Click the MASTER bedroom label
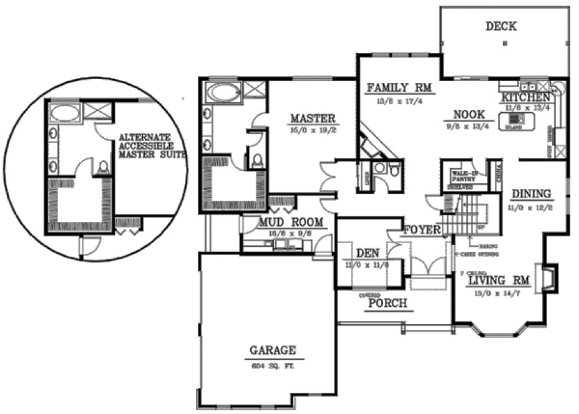tap(313, 118)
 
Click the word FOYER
tap(423, 230)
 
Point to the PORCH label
tap(387, 304)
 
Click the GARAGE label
tap(273, 350)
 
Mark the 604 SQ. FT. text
tap(273, 366)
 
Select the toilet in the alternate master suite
tap(104, 166)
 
